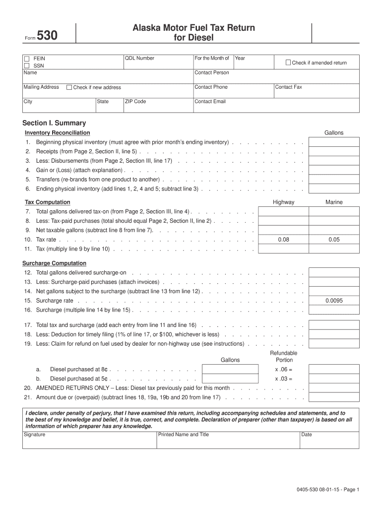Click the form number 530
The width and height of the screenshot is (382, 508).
[47, 36]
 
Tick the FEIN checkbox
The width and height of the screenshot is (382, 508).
[26, 59]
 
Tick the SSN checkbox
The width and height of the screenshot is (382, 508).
[26, 65]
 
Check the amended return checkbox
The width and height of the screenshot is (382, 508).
[288, 63]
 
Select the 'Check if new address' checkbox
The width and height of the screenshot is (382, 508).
[69, 87]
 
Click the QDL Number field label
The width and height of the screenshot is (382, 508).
[139, 59]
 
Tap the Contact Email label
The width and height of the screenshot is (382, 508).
[210, 102]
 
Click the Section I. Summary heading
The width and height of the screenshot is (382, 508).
[54, 123]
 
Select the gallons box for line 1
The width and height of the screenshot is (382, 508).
[334, 142]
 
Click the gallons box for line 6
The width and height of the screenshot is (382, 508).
[334, 189]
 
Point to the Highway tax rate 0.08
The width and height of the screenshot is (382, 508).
[283, 240]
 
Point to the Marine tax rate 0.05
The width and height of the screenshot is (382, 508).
[334, 240]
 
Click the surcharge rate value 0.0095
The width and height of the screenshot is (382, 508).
[334, 301]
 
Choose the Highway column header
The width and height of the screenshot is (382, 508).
[283, 202]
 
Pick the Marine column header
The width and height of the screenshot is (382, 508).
[334, 202]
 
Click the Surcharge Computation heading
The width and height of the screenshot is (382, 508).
[54, 263]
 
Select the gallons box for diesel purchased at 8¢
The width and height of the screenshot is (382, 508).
[230, 370]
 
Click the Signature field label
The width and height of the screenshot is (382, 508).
[35, 435]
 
